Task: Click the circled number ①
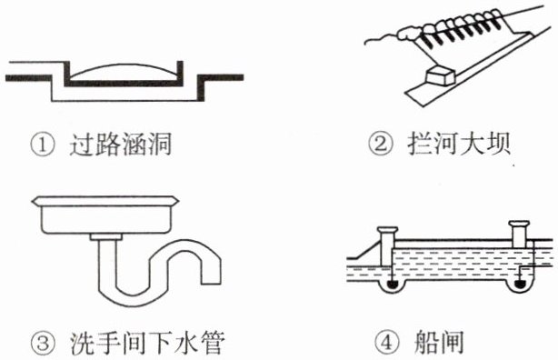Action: point(43,145)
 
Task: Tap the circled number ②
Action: point(381,145)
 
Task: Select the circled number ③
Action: point(44,344)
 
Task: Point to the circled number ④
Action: point(387,343)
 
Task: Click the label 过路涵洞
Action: point(121,145)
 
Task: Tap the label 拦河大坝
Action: point(460,144)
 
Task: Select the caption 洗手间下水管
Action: point(147,344)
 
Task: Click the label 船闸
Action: point(439,343)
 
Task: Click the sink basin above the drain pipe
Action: point(105,215)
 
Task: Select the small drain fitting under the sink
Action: point(106,236)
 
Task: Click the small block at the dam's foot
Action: point(440,75)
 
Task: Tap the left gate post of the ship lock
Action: point(387,246)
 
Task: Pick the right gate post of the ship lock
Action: point(519,235)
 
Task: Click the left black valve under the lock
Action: point(391,285)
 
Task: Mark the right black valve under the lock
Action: point(520,285)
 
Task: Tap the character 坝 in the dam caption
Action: point(499,144)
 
